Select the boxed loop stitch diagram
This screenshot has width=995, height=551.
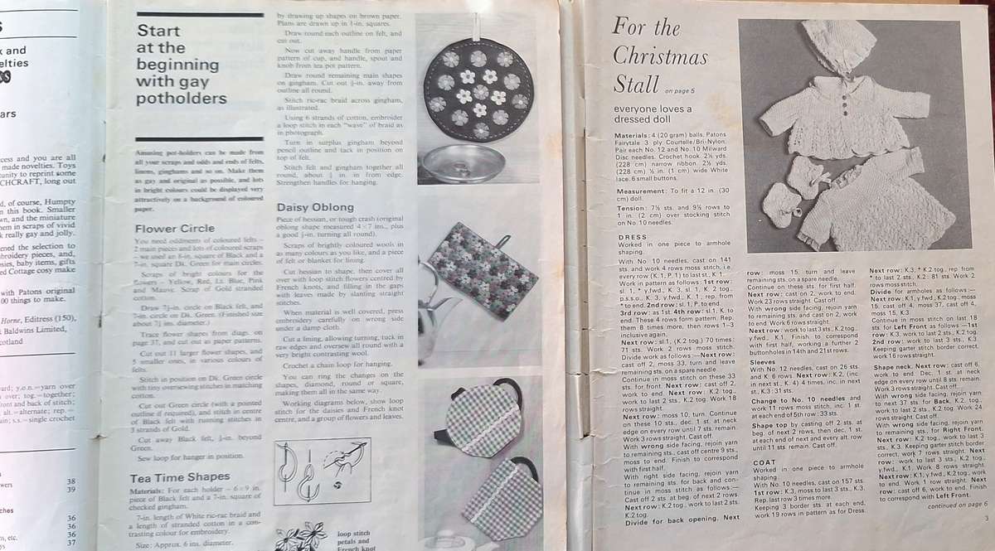pos(322,471)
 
